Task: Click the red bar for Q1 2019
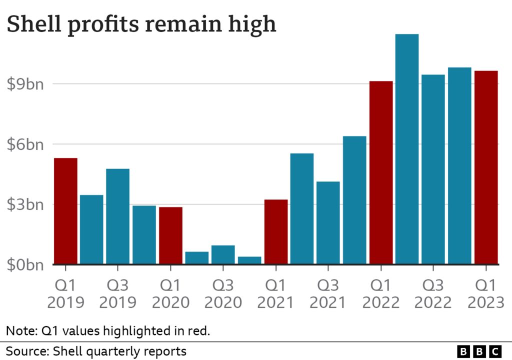coord(65,211)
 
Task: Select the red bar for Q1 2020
coord(170,235)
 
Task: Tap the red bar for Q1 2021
coord(276,231)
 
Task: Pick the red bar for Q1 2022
coord(381,172)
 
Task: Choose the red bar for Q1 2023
coord(486,167)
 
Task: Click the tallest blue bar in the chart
coord(407,149)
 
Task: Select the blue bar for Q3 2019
coord(118,216)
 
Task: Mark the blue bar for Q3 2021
coord(328,222)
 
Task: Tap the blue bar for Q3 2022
coord(433,169)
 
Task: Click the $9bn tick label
coord(25,84)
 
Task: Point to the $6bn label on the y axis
coord(25,144)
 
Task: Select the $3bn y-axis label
coord(25,204)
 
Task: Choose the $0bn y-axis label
coord(25,265)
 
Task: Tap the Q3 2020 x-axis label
coord(223,294)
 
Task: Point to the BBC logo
coord(479,351)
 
